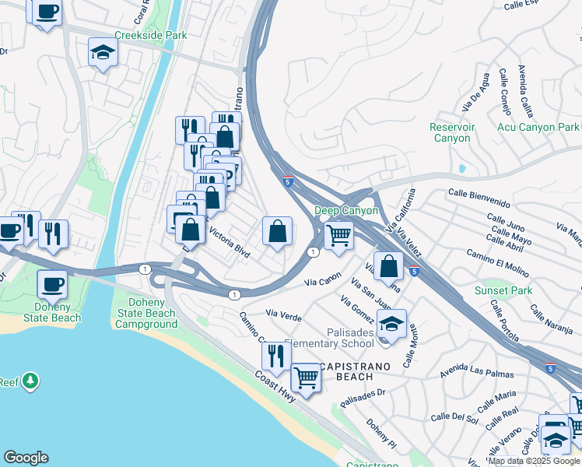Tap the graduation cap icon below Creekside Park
pyautogui.click(x=103, y=52)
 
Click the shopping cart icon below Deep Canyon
pyautogui.click(x=338, y=233)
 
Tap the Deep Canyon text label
pyautogui.click(x=345, y=211)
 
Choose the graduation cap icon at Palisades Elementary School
pyautogui.click(x=392, y=323)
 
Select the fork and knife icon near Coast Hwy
pyautogui.click(x=276, y=355)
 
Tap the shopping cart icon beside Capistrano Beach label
pyautogui.click(x=307, y=377)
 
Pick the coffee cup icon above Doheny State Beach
pyautogui.click(x=52, y=283)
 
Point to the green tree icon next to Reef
pyautogui.click(x=30, y=381)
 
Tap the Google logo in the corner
pyautogui.click(x=26, y=458)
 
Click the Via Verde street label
pyautogui.click(x=283, y=314)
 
